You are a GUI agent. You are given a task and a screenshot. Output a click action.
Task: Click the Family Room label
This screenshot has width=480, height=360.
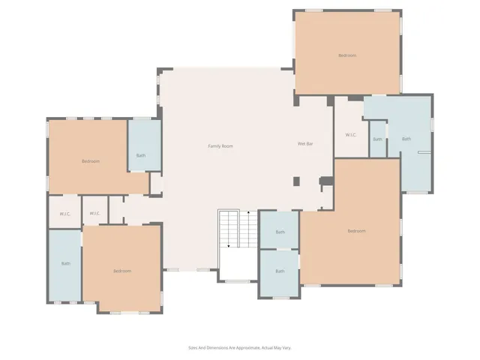point(220,145)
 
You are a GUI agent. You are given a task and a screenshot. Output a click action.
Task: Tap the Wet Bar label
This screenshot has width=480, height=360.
point(305,143)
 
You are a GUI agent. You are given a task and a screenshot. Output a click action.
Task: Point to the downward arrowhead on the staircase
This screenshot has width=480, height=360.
point(229,245)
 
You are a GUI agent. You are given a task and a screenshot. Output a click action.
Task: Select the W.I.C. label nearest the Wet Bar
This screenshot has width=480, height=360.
point(350,135)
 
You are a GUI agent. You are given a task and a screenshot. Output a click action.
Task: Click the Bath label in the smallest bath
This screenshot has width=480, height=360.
point(377,139)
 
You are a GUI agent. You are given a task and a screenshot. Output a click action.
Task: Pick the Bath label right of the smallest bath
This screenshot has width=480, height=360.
point(406,139)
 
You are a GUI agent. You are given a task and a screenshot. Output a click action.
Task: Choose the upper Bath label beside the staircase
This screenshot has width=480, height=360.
point(280,232)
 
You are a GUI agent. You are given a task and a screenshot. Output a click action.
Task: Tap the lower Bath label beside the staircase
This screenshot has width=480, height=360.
point(280,271)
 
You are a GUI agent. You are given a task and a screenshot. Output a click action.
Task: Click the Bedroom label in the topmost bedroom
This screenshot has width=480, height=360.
point(346,55)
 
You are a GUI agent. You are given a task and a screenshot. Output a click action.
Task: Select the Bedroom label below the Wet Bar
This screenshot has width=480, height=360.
point(356,231)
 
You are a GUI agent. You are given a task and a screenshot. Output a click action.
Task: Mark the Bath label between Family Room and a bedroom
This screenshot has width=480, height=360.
point(140,156)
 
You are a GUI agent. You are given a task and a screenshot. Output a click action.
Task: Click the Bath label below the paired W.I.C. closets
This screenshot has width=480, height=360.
point(65,263)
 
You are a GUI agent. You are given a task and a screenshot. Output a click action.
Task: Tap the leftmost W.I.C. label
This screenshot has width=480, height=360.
point(64,214)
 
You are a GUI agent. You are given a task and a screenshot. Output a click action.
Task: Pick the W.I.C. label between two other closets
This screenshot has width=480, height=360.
point(95,214)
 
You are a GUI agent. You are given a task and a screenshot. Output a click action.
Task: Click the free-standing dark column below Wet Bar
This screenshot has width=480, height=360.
point(296,181)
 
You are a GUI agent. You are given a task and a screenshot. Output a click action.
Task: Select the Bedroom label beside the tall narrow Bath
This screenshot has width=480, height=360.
point(121,271)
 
